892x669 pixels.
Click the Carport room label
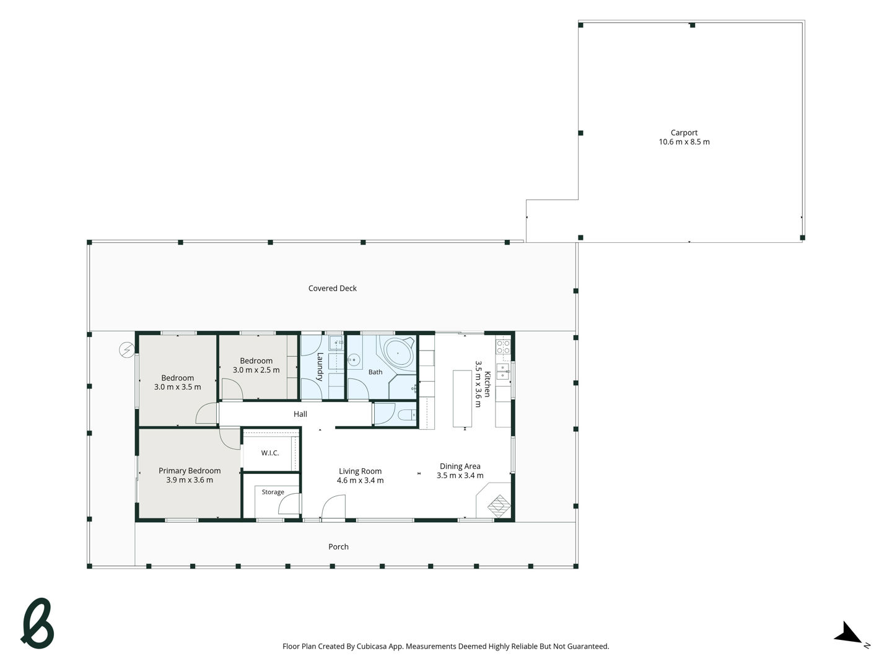point(683,133)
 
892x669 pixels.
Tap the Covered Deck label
point(332,289)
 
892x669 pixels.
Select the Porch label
point(338,547)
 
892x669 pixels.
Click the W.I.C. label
point(270,453)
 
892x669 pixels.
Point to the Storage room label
point(273,492)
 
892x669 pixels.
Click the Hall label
point(300,414)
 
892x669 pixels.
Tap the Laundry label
point(320,367)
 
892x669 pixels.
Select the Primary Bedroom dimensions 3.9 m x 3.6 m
point(190,479)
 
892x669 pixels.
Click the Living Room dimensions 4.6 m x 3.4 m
point(360,480)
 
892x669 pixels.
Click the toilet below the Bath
point(407,415)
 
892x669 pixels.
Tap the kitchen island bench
point(462,398)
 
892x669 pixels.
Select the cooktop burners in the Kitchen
point(503,347)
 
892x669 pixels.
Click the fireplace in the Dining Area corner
point(499,505)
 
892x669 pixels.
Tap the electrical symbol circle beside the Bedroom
point(127,349)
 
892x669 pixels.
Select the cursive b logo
point(37,623)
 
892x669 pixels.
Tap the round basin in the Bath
point(355,359)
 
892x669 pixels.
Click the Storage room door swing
point(289,504)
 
